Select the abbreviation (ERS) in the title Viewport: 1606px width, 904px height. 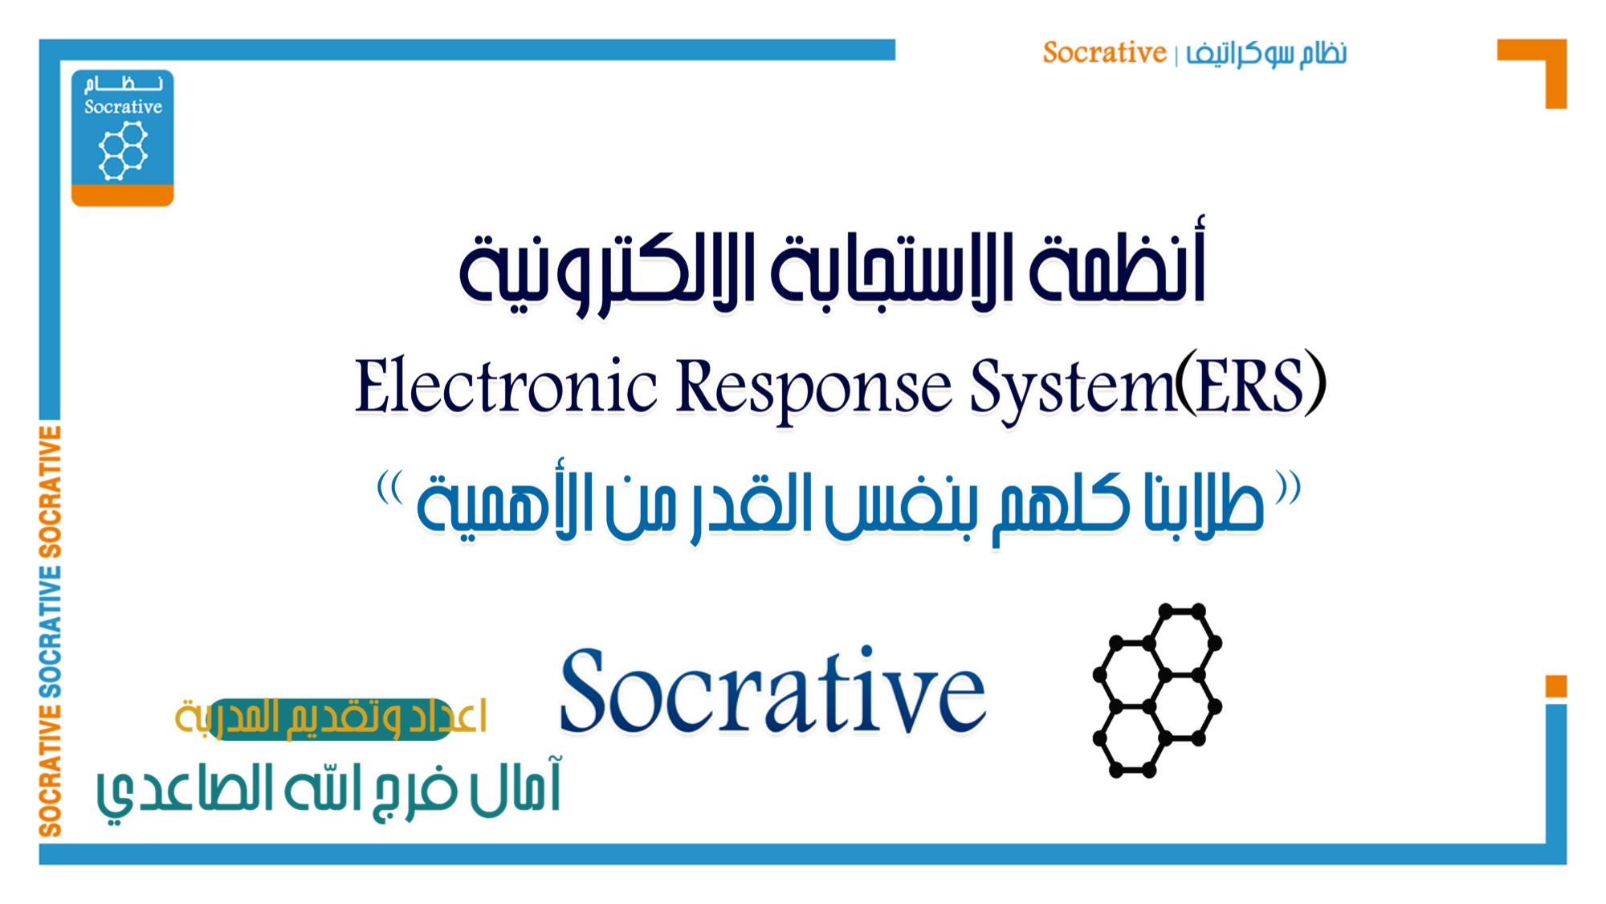(1250, 388)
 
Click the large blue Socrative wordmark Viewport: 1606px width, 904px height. (772, 690)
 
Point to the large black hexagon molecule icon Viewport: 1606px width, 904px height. (1157, 690)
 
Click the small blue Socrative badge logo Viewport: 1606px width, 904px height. (122, 137)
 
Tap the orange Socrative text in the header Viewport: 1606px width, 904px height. (1104, 53)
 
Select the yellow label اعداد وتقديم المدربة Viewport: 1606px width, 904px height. (331, 718)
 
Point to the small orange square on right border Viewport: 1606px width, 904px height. (1556, 686)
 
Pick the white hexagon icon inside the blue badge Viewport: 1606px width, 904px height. (123, 150)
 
